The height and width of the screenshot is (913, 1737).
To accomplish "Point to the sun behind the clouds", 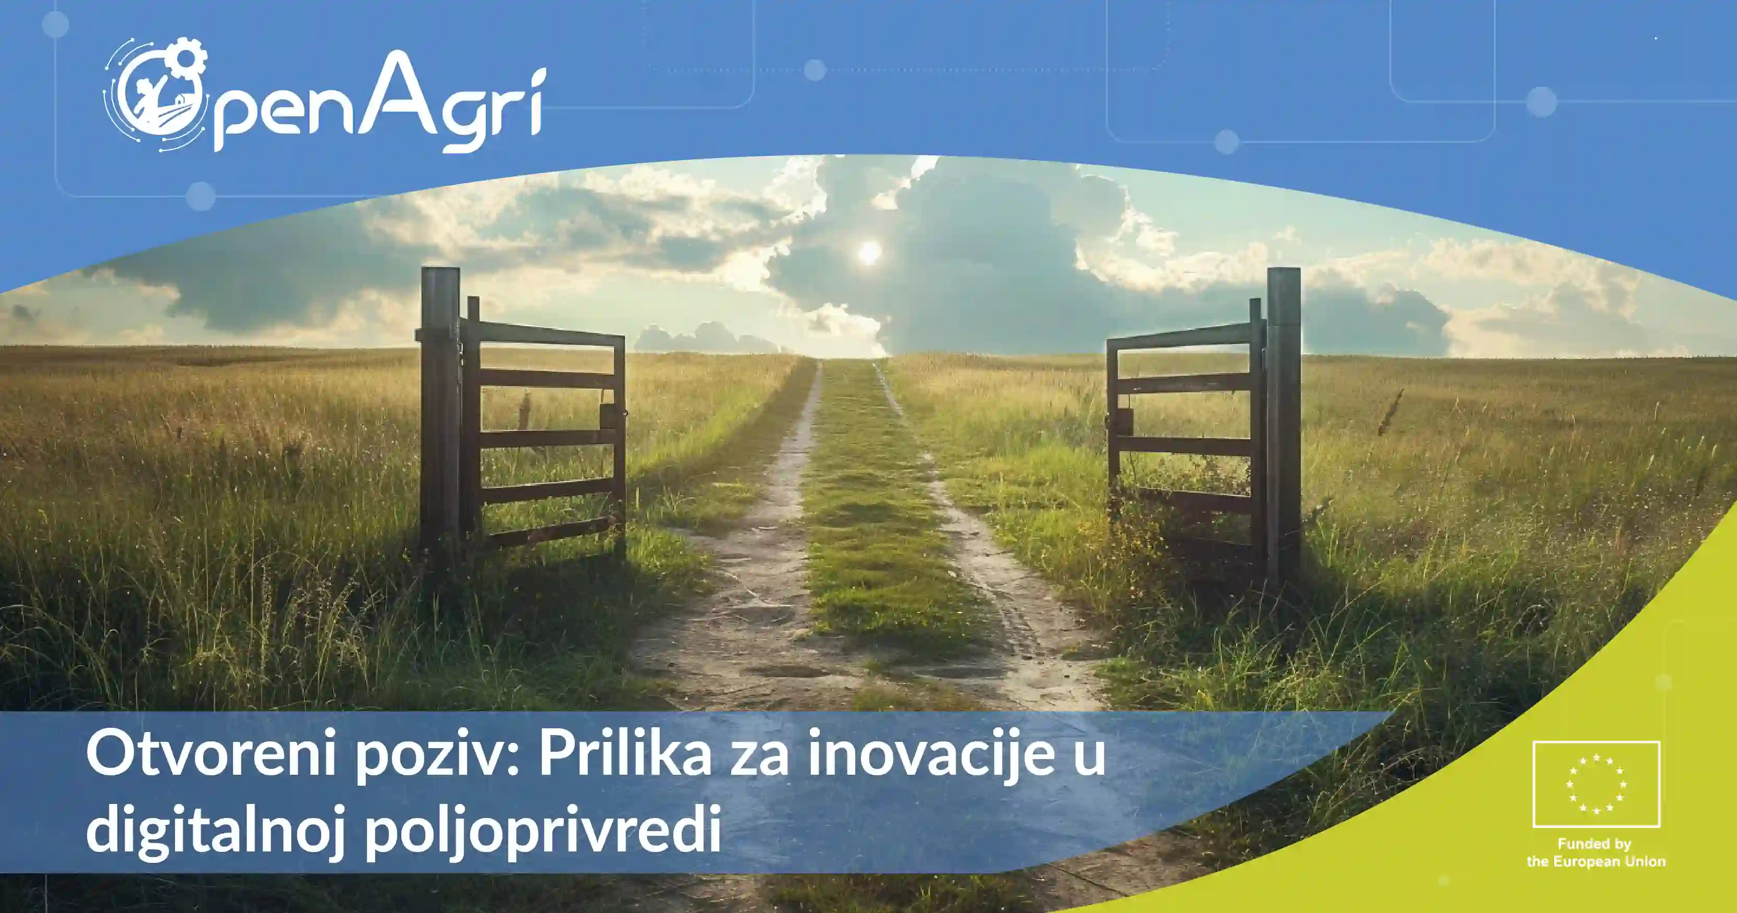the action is pos(869,253).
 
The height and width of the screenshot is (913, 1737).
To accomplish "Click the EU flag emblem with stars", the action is pos(1596,784).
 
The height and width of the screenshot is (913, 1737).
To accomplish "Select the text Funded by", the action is pos(1594,844).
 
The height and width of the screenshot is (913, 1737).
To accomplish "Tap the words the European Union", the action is pos(1596,862).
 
